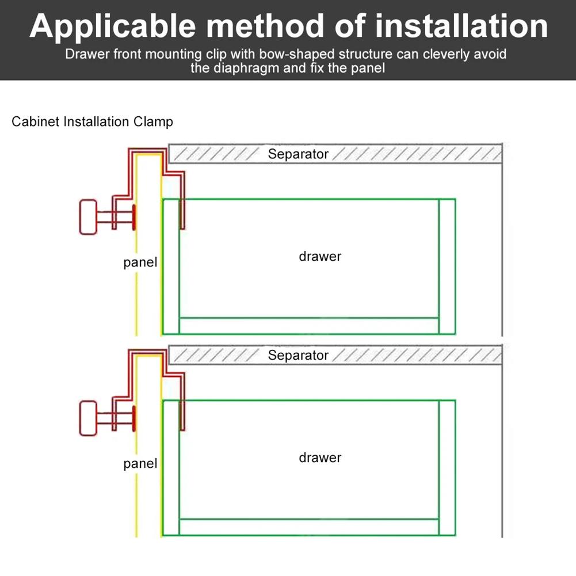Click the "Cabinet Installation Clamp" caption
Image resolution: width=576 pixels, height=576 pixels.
[92, 122]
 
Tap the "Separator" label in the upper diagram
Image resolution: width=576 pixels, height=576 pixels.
[298, 154]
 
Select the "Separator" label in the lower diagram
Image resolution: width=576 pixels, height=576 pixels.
[298, 355]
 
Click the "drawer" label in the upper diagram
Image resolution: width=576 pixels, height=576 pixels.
[320, 257]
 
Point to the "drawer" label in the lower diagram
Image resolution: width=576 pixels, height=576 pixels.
[320, 458]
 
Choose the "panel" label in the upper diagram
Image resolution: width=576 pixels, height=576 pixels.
[140, 263]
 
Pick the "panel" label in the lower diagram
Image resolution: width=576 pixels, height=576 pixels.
[140, 464]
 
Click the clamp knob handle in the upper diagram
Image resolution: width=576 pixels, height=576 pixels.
[87, 217]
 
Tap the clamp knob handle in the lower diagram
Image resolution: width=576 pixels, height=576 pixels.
[87, 418]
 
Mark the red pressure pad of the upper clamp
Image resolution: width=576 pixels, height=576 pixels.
[134, 218]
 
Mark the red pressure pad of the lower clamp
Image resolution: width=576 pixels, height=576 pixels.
[134, 418]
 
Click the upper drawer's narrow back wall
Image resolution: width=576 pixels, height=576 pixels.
[447, 266]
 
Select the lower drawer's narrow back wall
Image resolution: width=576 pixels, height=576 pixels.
[447, 467]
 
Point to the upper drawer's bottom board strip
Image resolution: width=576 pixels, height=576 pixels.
[309, 326]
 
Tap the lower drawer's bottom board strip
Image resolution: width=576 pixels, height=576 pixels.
[309, 527]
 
